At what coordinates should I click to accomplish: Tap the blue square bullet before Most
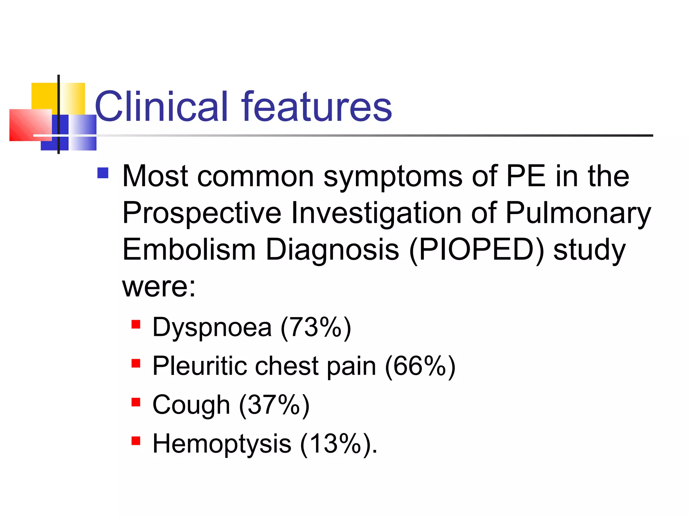click(103, 173)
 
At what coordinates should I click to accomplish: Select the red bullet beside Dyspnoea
click(136, 324)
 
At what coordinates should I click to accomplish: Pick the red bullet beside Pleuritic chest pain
click(136, 363)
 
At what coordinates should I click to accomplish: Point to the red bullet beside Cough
click(136, 402)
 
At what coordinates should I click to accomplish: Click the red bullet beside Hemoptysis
click(136, 441)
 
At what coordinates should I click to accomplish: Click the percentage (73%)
click(316, 328)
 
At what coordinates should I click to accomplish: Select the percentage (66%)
click(420, 366)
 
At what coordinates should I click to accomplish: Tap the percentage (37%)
click(274, 405)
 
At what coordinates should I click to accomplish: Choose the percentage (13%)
click(338, 444)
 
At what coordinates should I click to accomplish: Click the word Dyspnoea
click(212, 328)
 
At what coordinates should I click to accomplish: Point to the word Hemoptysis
click(222, 444)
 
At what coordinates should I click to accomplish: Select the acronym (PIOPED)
click(476, 250)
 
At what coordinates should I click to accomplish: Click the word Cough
click(191, 405)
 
